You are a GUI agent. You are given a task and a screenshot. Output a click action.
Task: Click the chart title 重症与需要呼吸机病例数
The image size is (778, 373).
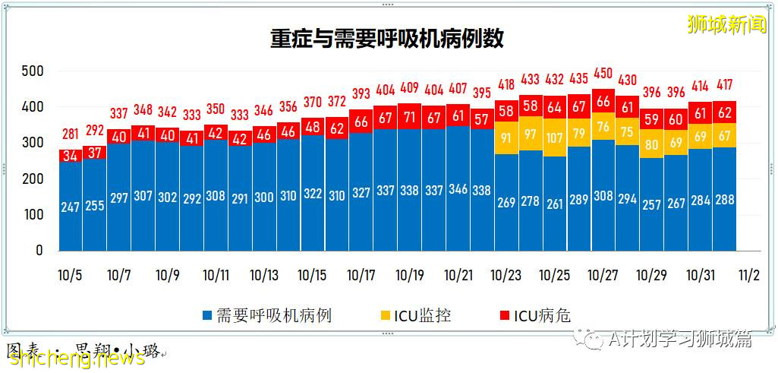point(387,40)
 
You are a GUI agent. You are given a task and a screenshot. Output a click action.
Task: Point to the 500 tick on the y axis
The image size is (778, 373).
point(32,71)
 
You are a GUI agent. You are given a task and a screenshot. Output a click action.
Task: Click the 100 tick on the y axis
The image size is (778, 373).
point(32,215)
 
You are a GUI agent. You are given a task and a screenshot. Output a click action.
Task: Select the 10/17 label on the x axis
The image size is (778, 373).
point(361,274)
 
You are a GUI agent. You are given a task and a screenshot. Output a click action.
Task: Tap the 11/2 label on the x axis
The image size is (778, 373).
point(748,274)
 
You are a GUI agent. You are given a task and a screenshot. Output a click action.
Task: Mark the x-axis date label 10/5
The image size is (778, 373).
point(70,274)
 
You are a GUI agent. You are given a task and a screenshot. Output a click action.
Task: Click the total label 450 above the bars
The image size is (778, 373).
point(603,73)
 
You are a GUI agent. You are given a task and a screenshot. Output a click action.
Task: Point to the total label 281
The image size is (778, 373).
point(70,134)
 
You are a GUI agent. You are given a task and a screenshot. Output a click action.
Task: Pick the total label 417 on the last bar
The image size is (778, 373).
point(724,85)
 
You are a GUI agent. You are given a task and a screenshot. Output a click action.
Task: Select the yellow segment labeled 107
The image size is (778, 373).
point(555,138)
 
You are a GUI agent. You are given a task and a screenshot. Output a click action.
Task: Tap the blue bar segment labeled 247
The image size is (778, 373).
point(70,207)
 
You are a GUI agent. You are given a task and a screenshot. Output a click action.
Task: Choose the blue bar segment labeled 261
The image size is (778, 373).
point(555,204)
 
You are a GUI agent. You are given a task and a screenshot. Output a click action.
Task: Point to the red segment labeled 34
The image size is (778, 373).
point(70,156)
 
